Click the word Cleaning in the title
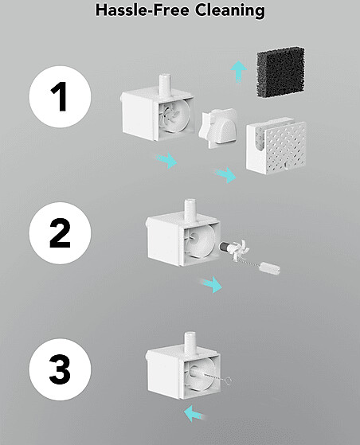230,10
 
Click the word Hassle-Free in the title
143,10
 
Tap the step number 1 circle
60,96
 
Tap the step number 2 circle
60,232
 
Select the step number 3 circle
60,369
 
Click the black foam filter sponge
281,72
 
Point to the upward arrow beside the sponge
238,71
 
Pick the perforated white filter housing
276,147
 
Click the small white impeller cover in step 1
218,127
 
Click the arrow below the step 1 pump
166,160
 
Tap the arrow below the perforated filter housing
225,174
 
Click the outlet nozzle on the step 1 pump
164,84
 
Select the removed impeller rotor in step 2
235,249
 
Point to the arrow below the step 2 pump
212,285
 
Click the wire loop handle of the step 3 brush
227,381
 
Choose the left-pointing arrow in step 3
194,414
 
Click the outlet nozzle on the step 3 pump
190,343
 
